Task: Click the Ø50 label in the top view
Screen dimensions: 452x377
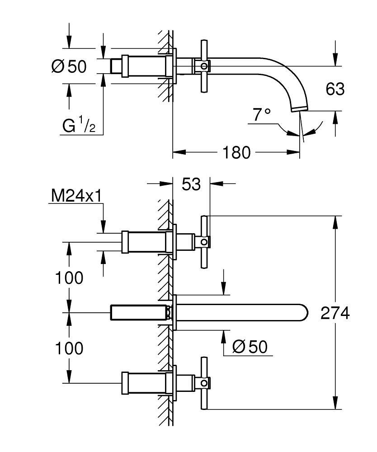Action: click(69, 66)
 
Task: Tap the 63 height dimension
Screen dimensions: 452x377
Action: click(335, 89)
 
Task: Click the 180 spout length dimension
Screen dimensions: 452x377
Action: click(236, 153)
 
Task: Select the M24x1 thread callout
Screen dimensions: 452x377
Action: click(75, 195)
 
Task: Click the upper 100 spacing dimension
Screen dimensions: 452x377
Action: click(69, 278)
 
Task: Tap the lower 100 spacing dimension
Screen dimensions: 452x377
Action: click(69, 348)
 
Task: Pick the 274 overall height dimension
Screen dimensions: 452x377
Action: click(335, 313)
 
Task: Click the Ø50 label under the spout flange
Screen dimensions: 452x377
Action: click(249, 347)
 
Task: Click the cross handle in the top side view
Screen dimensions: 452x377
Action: click(204, 67)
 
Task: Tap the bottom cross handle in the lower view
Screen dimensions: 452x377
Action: click(204, 384)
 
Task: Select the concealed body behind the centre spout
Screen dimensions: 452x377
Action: click(138, 313)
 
